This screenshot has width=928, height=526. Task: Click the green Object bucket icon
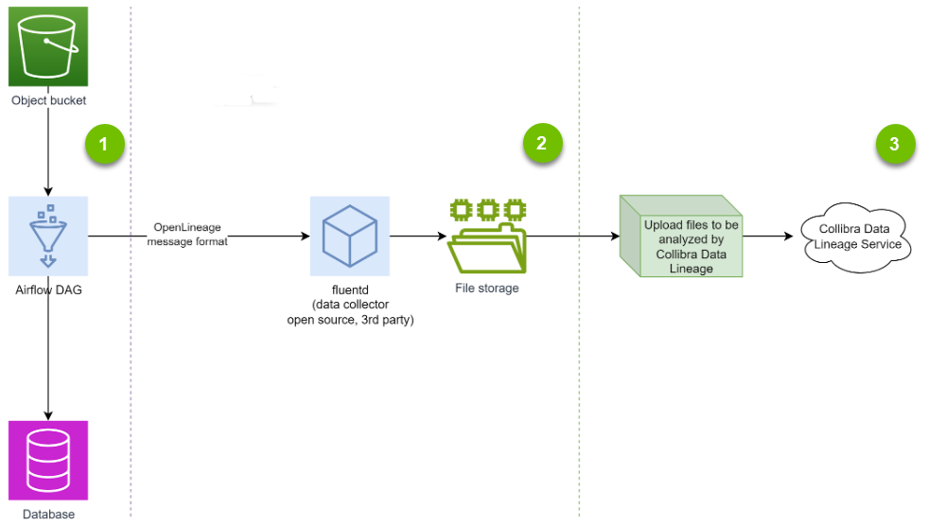(48, 46)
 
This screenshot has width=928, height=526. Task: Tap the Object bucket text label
(48, 100)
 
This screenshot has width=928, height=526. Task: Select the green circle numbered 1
(105, 145)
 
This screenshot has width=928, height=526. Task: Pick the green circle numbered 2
(541, 144)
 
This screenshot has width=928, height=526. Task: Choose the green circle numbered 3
(894, 144)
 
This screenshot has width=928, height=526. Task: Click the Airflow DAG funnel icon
(48, 236)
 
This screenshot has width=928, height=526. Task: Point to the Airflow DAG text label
(48, 289)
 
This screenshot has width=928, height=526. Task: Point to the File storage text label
(487, 288)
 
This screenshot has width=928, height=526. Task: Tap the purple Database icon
(48, 461)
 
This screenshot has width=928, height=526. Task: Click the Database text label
(48, 515)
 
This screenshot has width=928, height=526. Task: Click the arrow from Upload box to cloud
(768, 236)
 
